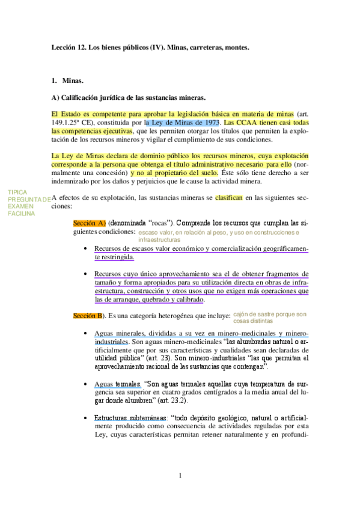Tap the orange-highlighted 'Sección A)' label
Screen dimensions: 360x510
coord(89,223)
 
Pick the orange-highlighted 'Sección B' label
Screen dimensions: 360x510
coord(87,315)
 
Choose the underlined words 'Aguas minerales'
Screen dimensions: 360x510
coord(121,333)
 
